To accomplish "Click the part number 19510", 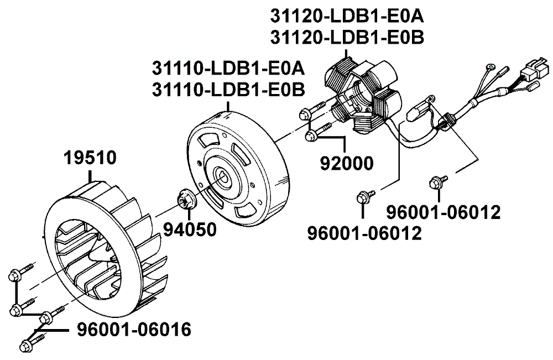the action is point(90,158).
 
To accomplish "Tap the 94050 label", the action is point(190,229).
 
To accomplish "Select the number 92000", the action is point(347,163).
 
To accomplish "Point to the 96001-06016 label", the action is point(134,330).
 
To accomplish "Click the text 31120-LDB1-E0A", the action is point(347,16).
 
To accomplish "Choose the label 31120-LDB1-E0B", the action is point(347,38).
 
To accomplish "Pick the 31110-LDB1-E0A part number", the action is point(228,68).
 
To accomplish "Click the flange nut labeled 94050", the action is point(185,200).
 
